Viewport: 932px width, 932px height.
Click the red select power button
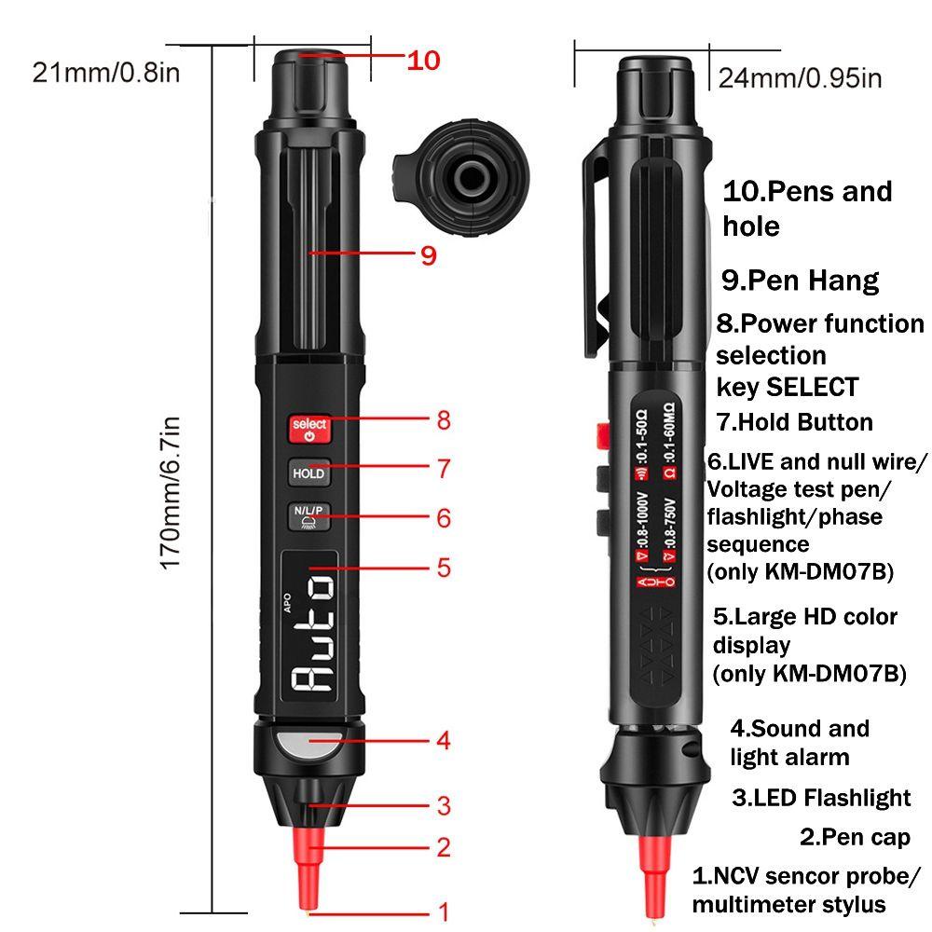click(x=309, y=429)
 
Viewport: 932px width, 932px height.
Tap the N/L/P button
click(x=309, y=516)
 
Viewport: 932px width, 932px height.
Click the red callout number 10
click(x=423, y=61)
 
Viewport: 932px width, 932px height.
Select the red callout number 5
click(x=444, y=568)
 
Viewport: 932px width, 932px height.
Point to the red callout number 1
click(x=444, y=911)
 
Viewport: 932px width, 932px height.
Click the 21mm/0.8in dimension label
click(x=106, y=73)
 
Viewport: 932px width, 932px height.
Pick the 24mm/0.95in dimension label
click(x=800, y=78)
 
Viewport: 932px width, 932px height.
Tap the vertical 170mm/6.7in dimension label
click(x=171, y=493)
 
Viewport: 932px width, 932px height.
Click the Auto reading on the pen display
click(x=312, y=633)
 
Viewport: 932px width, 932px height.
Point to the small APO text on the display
click(x=288, y=603)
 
